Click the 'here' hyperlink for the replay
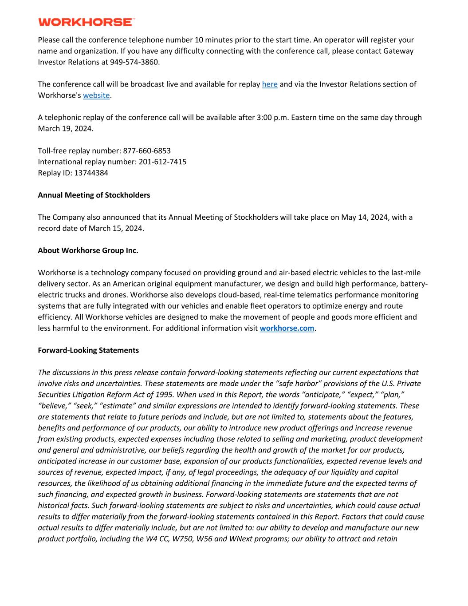[270, 84]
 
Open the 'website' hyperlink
[96, 95]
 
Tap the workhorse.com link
[287, 329]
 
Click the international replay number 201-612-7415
[162, 162]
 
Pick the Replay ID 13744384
[91, 173]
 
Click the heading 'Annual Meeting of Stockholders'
[94, 195]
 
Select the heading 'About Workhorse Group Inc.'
[88, 251]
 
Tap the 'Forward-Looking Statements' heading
[88, 351]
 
